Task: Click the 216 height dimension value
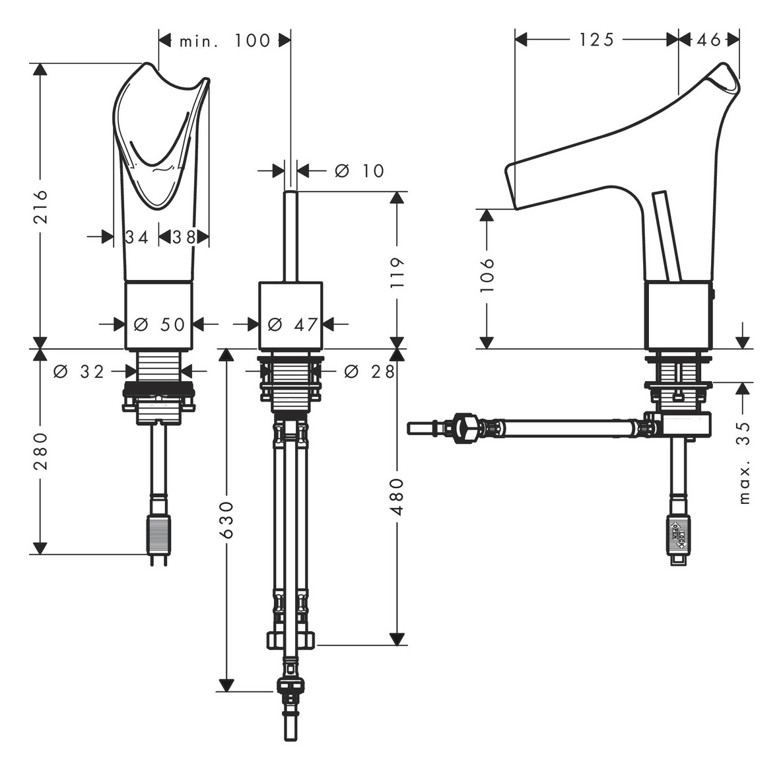pos(41,206)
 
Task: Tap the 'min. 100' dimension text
pos(224,41)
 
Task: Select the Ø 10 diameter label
pos(359,171)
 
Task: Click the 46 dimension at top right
pos(709,40)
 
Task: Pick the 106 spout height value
pos(487,275)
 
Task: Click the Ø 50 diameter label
pos(159,324)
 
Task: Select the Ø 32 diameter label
pos(79,372)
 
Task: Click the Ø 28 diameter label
pos(370,372)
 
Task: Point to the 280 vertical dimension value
pos(41,451)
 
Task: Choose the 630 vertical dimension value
pos(226,520)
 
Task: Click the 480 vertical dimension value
pos(397,497)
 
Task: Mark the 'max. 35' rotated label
pos(744,462)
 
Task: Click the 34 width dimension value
pos(137,237)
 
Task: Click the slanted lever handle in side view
pos(667,238)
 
